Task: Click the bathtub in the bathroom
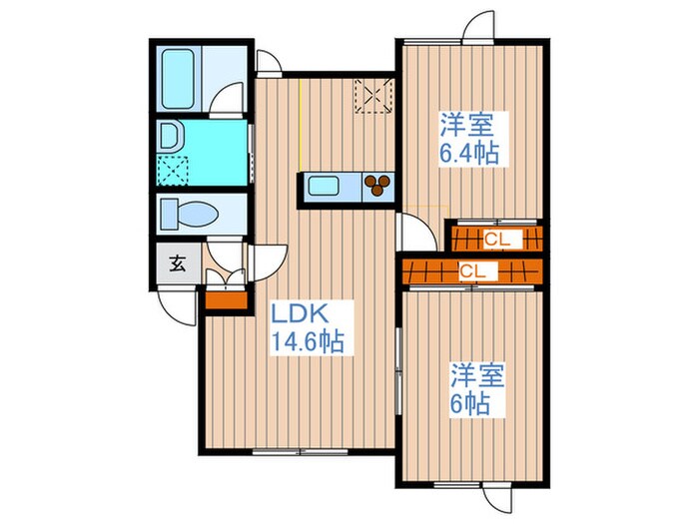pos(178,79)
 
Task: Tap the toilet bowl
pos(190,214)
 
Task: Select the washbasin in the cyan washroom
pos(170,136)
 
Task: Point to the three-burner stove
pos(377,186)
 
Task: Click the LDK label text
pos(301,314)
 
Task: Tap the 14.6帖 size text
pos(308,342)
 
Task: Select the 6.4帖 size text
pos(469,154)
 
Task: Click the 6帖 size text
pos(470,404)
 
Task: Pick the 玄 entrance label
pos(178,264)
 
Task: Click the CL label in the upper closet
pos(496,240)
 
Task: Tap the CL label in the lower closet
pos(472,271)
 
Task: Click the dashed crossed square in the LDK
pos(373,96)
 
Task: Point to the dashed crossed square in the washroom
pos(173,171)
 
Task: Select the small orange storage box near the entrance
pos(226,300)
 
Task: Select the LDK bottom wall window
pos(300,452)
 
